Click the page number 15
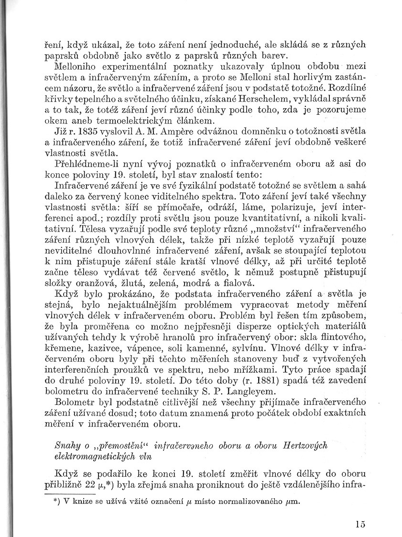point(360,524)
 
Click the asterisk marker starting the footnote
point(57,502)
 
